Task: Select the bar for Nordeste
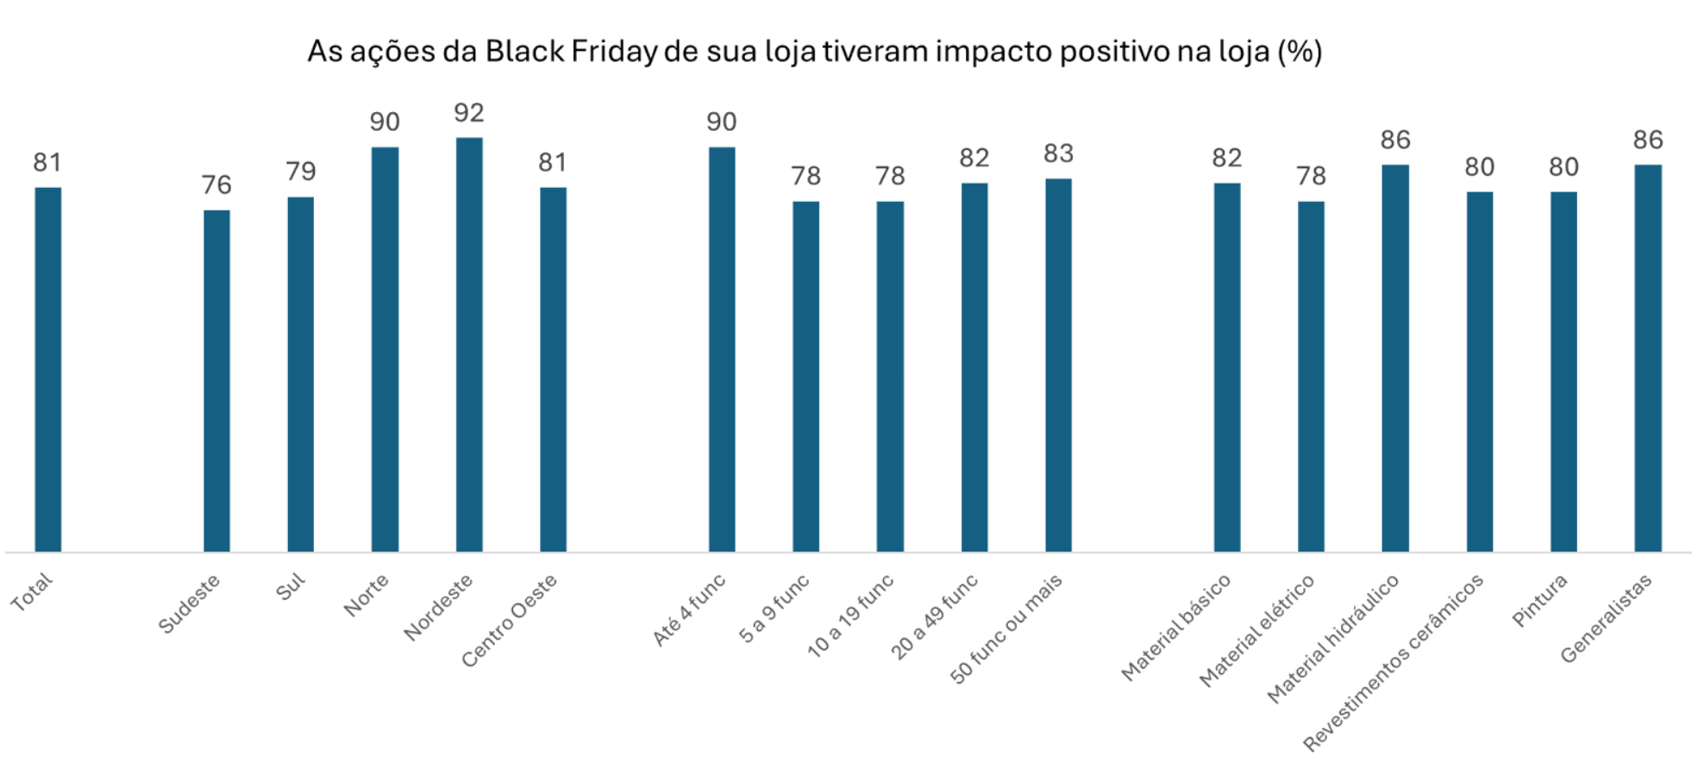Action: [469, 345]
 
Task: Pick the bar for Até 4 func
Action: [722, 349]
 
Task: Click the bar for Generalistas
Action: [1647, 358]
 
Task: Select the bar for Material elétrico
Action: [1311, 376]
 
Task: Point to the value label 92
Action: [469, 113]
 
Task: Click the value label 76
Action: [216, 184]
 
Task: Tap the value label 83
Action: [1058, 153]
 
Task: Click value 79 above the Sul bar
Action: [301, 172]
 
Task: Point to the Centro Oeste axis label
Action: [509, 621]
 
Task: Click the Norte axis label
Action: [366, 595]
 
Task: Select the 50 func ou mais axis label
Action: [1006, 629]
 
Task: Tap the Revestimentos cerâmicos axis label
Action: [1393, 662]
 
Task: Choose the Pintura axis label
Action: [1540, 600]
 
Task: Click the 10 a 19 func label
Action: [850, 616]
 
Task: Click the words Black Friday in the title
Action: [572, 52]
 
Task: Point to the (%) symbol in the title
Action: [1300, 52]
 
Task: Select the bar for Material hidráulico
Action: [1394, 358]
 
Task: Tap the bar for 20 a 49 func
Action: [974, 366]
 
